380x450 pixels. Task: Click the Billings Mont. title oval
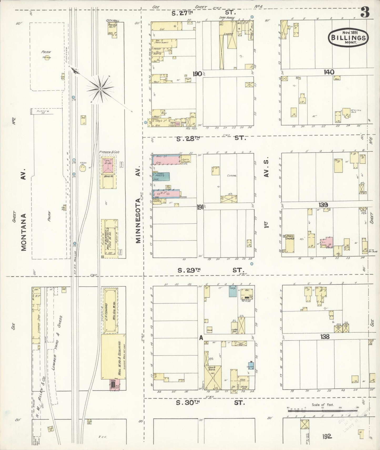(348, 37)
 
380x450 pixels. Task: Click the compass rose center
(100, 89)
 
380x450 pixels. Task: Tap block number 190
(197, 74)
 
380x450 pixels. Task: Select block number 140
(329, 72)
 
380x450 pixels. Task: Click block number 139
(323, 205)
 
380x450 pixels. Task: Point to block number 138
(325, 336)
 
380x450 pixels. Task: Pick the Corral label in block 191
(231, 175)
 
